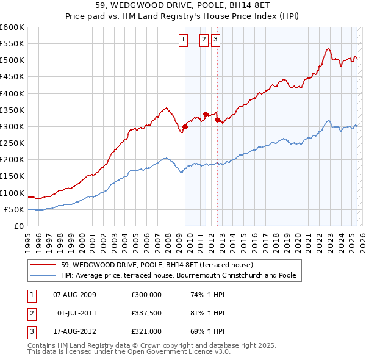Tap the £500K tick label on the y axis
coord(12,60)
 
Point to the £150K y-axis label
coord(12,176)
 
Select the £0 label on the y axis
coord(19,226)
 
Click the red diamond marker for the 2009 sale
coord(185,126)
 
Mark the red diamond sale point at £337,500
coord(206,114)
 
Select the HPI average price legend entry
coord(178,275)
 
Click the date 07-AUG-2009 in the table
coord(74,294)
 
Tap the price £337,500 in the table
coord(146,313)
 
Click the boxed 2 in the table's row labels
coord(31,313)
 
